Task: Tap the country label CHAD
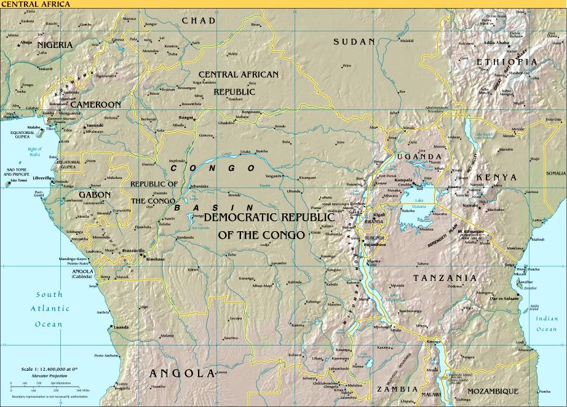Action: point(199,21)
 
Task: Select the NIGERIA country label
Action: point(55,45)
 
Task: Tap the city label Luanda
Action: point(121,327)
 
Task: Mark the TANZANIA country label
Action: point(444,279)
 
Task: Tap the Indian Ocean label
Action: point(546,324)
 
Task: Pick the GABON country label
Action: point(95,194)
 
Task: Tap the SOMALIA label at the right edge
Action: point(555,173)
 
